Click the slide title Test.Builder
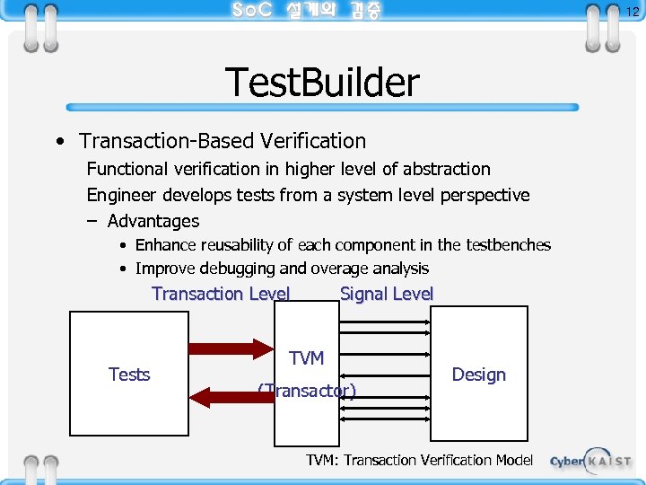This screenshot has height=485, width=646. coord(322,83)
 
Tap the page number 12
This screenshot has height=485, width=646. coord(632,12)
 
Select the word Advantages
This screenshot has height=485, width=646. coord(153,221)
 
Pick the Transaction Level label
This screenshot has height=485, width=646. coord(221,294)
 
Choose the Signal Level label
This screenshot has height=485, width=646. coord(387,294)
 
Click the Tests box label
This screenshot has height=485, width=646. coord(129,375)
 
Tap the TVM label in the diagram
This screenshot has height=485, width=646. coord(307,358)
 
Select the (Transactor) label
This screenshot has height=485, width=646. coord(307,391)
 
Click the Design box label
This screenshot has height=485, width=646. coord(478,375)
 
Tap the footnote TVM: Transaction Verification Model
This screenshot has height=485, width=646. coord(419,460)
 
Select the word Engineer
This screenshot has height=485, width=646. coord(121,195)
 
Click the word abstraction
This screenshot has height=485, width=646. coord(447,169)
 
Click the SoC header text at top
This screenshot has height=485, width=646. coord(305,11)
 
